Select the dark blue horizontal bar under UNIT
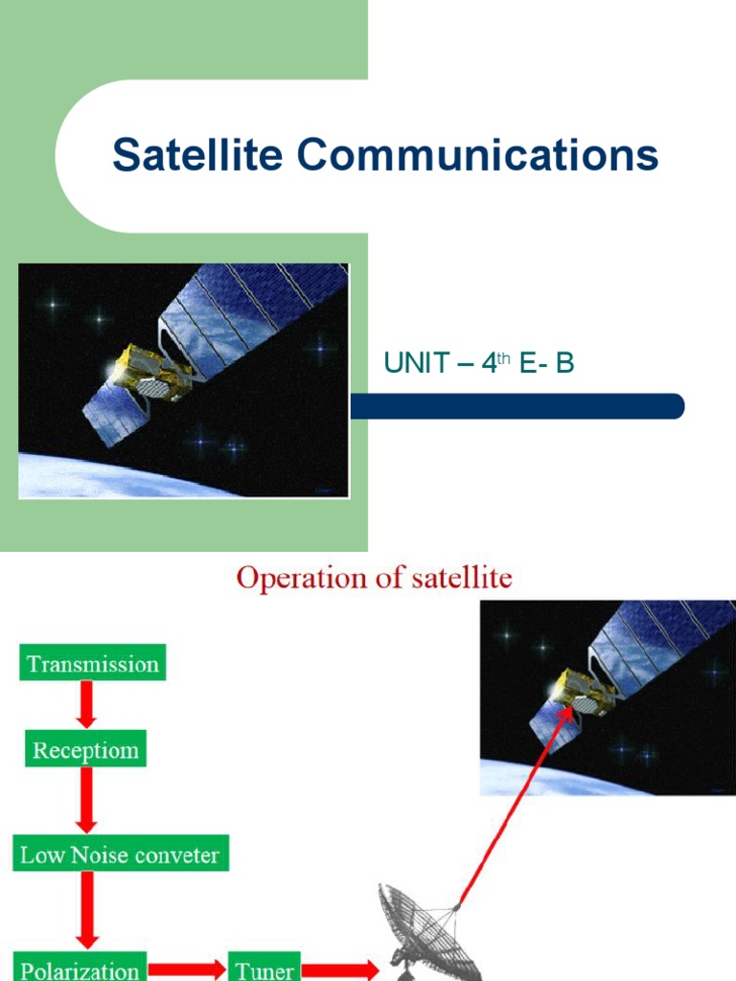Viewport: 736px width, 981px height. pyautogui.click(x=517, y=406)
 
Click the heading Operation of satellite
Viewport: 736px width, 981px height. pyautogui.click(x=374, y=579)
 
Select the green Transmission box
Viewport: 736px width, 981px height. pyautogui.click(x=93, y=664)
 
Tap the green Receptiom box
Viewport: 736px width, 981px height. pyautogui.click(x=86, y=750)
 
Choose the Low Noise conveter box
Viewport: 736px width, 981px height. pyautogui.click(x=121, y=854)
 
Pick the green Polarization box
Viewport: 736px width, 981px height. pyautogui.click(x=81, y=968)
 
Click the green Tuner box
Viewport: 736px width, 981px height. pyautogui.click(x=265, y=968)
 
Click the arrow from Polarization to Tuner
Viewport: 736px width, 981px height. pyautogui.click(x=187, y=968)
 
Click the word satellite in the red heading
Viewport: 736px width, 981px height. pyautogui.click(x=466, y=579)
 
